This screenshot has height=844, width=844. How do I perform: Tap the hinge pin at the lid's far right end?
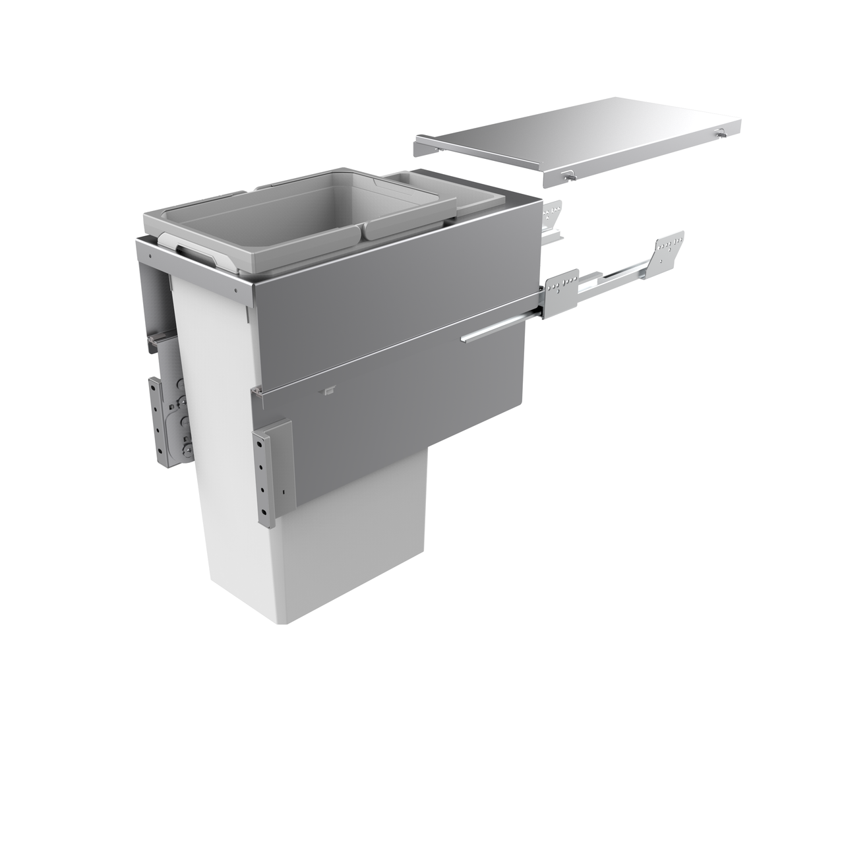(720, 133)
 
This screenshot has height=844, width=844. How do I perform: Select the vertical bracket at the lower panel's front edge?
(272, 472)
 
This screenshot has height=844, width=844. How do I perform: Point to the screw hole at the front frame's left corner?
(151, 255)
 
